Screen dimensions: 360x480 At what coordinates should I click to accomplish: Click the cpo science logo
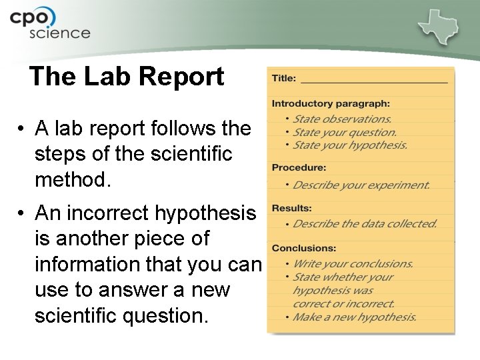click(49, 24)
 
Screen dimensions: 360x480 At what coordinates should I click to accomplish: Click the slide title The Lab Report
click(127, 77)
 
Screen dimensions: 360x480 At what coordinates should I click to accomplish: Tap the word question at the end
click(164, 317)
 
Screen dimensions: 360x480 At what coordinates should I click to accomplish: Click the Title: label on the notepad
click(284, 78)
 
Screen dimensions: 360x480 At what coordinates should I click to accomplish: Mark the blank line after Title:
click(374, 80)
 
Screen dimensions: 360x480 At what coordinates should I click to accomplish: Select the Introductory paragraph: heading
click(331, 103)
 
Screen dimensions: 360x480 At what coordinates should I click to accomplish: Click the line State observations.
click(342, 119)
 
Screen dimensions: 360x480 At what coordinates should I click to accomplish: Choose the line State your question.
click(345, 132)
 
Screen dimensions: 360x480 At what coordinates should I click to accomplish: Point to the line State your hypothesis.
click(350, 145)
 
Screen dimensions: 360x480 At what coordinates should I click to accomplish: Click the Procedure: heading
click(299, 167)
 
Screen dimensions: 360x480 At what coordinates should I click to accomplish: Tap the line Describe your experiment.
click(361, 185)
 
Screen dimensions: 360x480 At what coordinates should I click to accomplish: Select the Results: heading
click(292, 209)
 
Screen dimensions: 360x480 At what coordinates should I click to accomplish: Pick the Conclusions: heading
click(304, 248)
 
